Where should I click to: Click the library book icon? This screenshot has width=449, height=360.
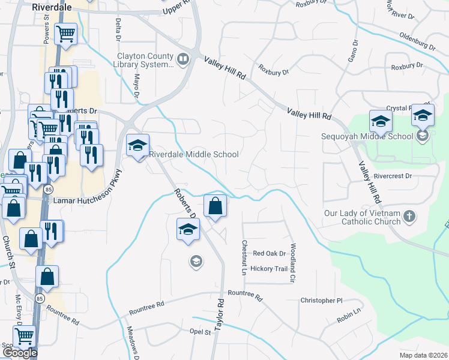point(182,59)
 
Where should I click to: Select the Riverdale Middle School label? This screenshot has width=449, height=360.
point(194,154)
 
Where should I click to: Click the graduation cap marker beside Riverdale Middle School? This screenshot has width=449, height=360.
point(137,146)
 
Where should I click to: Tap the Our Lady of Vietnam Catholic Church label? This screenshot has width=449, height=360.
point(363,217)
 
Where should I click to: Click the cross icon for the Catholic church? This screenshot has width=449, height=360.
point(409,216)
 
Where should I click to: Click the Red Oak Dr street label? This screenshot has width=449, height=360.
point(269,254)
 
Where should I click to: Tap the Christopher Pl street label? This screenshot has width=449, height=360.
point(321,300)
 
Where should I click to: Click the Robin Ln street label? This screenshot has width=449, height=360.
point(350,316)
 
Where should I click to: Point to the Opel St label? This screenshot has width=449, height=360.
point(200,332)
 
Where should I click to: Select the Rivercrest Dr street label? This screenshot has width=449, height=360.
point(393,176)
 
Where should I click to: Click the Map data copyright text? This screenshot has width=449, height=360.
point(424,355)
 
